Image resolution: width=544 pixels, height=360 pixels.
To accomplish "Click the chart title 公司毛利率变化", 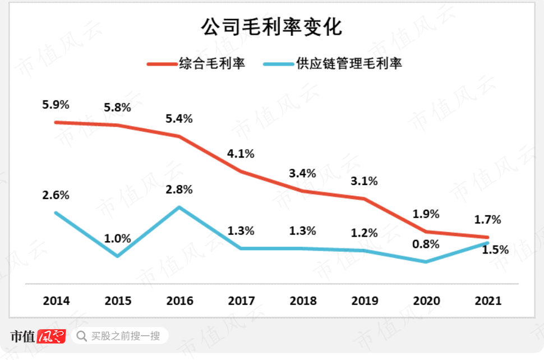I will [x=271, y=27].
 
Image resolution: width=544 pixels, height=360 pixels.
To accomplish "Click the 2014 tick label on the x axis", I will [x=56, y=301].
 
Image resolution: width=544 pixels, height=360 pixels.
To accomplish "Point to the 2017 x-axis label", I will [x=241, y=301].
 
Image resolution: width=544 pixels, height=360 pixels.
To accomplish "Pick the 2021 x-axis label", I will [x=488, y=301].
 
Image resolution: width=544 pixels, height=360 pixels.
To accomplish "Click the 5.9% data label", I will [x=56, y=104].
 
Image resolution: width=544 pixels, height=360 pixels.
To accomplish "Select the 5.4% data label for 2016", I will [x=179, y=119].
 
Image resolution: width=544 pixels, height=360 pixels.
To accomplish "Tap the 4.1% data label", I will [x=241, y=153].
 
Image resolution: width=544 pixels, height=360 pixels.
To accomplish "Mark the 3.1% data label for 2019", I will [x=364, y=181].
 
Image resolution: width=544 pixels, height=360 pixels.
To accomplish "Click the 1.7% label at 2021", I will [x=487, y=219].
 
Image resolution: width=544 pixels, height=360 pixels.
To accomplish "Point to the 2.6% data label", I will [x=56, y=195].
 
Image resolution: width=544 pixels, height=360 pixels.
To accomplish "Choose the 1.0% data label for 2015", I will [x=117, y=238].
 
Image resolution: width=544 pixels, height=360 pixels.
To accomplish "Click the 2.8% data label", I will [x=179, y=190].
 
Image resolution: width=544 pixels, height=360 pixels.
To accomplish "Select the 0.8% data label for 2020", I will [x=426, y=244].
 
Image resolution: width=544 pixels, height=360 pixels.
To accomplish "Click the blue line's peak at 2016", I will [x=179, y=207].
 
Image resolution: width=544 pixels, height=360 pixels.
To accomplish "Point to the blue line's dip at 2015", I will [x=117, y=256].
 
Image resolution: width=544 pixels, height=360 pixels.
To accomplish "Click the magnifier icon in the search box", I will [x=82, y=336].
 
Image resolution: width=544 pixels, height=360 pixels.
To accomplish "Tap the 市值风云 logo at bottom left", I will [x=38, y=336].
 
